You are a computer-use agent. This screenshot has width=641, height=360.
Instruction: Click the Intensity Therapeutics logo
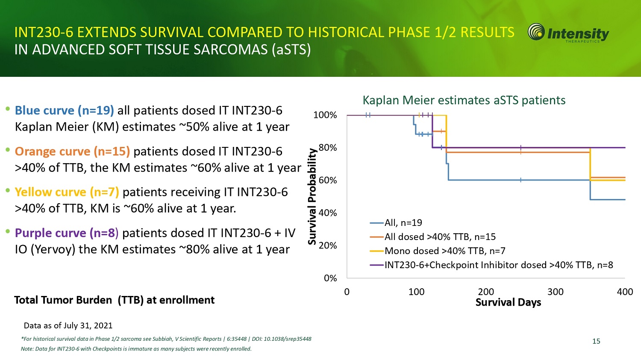568,33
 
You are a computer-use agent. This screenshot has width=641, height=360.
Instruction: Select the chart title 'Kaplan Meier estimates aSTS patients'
464,100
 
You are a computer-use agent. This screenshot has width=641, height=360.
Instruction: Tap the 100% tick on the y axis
325,115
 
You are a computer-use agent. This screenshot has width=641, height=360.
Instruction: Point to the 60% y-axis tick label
327,180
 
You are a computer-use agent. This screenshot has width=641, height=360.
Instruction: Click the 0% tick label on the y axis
330,278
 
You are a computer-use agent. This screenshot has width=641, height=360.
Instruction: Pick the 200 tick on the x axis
486,292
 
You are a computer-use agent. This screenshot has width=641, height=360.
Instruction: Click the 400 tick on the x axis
625,292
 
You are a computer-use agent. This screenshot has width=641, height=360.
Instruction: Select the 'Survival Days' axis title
508,302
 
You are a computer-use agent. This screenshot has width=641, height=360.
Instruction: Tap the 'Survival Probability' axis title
312,196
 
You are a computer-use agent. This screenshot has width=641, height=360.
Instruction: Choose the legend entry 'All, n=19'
403,222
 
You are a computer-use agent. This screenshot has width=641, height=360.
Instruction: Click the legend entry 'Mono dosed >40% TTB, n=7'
445,251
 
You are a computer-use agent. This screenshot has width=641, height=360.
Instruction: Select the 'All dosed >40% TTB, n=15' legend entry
440,237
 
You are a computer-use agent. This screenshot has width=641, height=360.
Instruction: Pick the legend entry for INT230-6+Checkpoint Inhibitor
499,265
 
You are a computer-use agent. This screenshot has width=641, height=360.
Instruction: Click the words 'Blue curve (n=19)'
64,111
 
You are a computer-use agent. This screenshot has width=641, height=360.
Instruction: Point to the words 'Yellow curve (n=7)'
67,192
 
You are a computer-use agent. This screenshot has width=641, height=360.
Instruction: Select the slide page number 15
596,341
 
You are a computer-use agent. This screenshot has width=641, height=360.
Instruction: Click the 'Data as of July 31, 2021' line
68,325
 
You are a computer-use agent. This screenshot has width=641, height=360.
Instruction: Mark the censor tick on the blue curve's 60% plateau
521,180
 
